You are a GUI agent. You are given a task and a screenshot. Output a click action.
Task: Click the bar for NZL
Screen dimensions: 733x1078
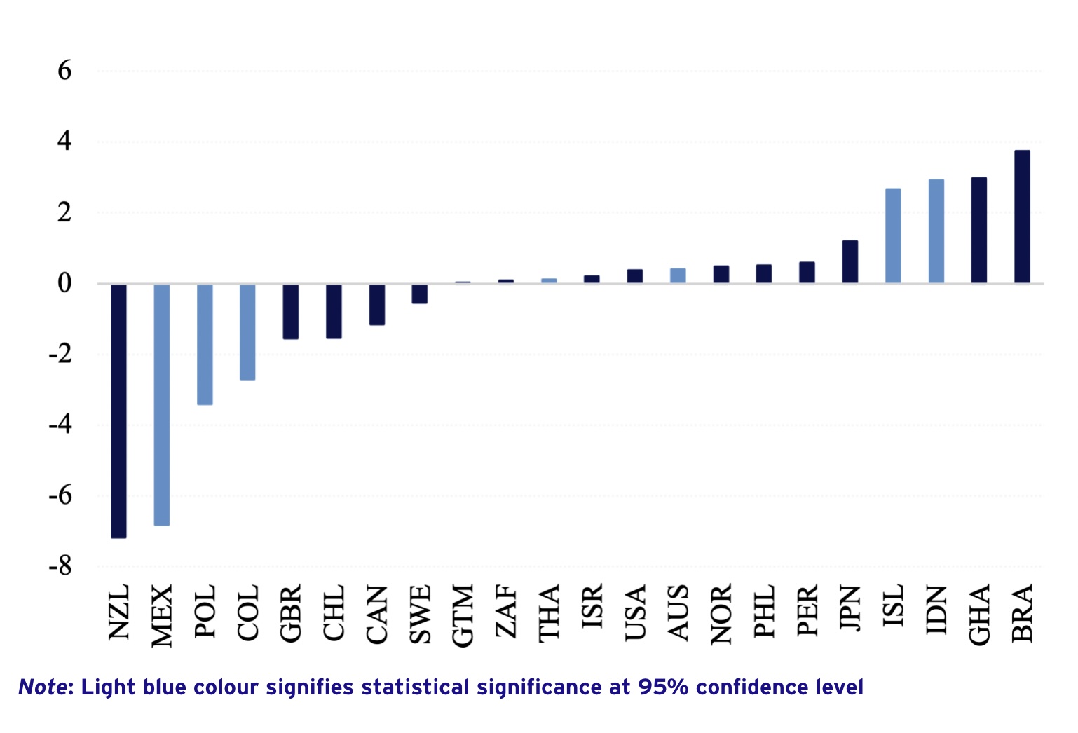118,411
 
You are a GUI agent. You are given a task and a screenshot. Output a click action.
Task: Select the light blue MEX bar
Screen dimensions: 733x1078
162,404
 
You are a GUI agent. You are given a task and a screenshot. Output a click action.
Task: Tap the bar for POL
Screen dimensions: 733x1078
205,344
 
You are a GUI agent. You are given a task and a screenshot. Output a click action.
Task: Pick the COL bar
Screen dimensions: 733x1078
247,331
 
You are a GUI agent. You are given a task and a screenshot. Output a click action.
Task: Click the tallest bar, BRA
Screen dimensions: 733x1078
1022,217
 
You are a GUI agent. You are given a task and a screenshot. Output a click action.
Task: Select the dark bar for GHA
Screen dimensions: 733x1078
979,230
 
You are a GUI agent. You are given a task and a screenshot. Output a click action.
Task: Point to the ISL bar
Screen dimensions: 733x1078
893,235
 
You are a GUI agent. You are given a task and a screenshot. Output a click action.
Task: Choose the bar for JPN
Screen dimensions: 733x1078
850,261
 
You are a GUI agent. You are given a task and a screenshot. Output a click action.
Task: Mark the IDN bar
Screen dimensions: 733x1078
936,231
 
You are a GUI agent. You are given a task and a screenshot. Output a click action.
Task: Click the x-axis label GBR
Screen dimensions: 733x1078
291,613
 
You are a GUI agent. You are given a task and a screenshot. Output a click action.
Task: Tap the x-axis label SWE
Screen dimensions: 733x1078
420,615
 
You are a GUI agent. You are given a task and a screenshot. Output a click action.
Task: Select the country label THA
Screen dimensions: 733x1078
549,613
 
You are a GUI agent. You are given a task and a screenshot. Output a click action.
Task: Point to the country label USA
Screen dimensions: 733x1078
635,614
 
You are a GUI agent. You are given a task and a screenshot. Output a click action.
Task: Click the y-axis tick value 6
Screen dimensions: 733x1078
64,71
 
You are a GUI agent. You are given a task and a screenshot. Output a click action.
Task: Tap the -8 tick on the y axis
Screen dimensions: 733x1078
60,566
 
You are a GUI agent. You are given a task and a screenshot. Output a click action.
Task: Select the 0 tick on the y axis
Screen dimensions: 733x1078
64,283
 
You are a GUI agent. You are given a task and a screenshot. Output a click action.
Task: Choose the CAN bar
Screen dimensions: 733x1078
377,304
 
